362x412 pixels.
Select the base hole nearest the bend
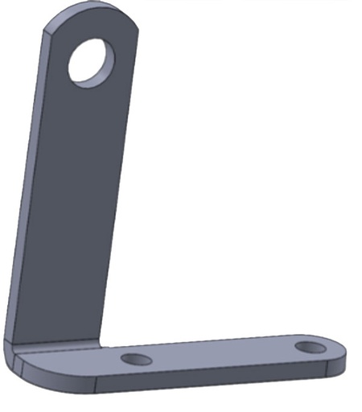tap(136, 357)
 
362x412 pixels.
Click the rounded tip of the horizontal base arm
tap(343, 354)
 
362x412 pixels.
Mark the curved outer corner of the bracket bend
tap(14, 362)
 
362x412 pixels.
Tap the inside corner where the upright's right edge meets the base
tap(102, 345)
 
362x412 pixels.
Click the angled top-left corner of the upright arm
tap(47, 27)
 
